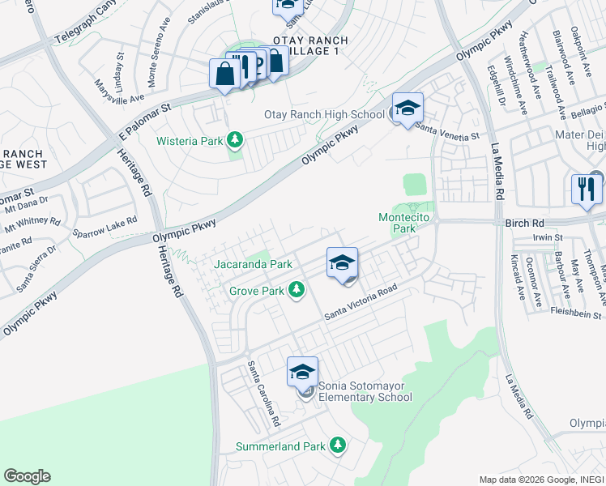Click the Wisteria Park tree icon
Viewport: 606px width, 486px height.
[235, 140]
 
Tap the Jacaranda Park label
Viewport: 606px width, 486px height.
[252, 264]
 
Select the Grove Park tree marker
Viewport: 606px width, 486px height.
[297, 289]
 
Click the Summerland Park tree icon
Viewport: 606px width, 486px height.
[338, 446]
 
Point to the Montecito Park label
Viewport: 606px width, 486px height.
[397, 223]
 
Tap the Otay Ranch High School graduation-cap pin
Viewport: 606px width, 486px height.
[408, 109]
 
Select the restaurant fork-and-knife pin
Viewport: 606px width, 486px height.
[586, 190]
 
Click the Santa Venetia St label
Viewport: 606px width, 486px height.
[446, 132]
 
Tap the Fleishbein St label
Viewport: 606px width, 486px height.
[576, 313]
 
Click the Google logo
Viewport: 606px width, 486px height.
[28, 476]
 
